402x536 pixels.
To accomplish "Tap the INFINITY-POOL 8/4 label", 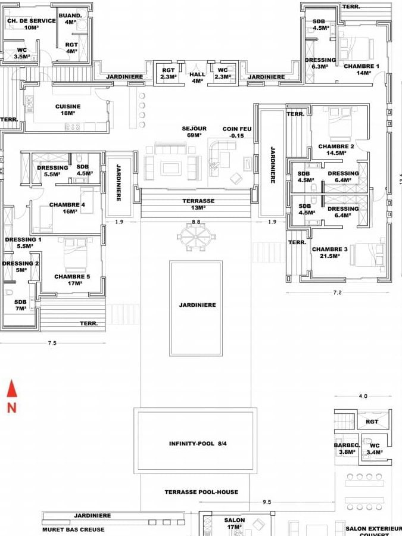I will (196, 444).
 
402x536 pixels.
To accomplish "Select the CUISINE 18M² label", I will (68, 110).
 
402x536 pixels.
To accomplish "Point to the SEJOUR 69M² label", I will (194, 132).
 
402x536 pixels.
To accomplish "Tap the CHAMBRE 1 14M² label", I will (361, 69).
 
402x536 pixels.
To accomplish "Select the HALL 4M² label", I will (197, 77).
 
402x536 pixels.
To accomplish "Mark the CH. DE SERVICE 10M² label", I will (31, 24).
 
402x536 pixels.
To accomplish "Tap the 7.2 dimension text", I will (336, 293).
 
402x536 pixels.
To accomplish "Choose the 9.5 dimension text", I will (266, 502).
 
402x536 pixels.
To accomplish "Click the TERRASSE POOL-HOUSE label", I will (201, 492).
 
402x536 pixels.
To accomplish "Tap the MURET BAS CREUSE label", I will (73, 529).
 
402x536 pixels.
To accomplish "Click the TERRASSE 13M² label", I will (198, 204).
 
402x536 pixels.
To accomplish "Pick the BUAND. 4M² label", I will (70, 18).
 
